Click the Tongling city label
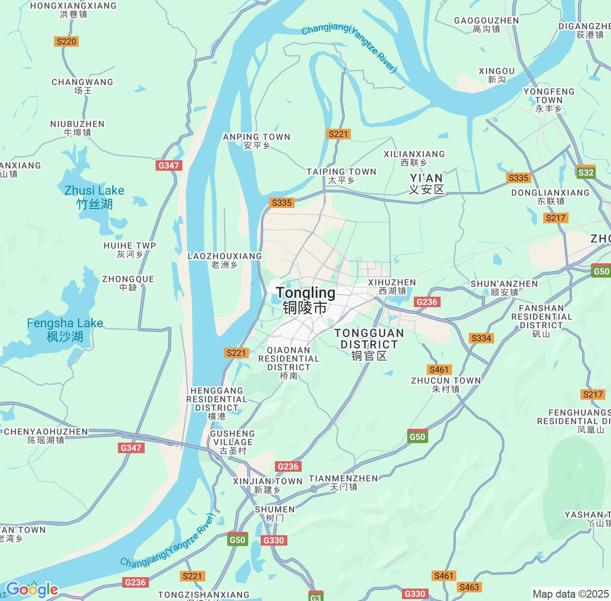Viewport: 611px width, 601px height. (x=305, y=300)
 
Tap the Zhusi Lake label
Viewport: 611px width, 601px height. (x=95, y=197)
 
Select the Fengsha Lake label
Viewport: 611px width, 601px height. (x=65, y=330)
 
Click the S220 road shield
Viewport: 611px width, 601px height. (x=66, y=41)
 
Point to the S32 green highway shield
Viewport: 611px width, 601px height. (x=586, y=173)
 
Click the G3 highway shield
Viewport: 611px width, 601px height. (x=316, y=597)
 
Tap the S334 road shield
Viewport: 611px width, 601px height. (x=481, y=338)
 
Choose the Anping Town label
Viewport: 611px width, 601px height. (x=257, y=141)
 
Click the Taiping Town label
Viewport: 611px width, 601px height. (x=341, y=176)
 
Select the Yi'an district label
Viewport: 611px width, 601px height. (x=427, y=184)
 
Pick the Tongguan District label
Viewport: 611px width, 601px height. (x=369, y=344)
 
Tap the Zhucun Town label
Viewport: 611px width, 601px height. (x=446, y=384)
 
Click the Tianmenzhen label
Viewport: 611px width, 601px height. (x=343, y=482)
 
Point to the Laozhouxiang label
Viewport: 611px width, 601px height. (x=225, y=260)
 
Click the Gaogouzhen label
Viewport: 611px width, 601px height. (x=486, y=24)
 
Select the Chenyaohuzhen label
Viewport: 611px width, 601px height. (x=46, y=435)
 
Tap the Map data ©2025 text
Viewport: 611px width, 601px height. (x=570, y=594)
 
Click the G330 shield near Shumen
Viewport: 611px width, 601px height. (x=274, y=540)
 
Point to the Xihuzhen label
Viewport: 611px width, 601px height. (x=392, y=286)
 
